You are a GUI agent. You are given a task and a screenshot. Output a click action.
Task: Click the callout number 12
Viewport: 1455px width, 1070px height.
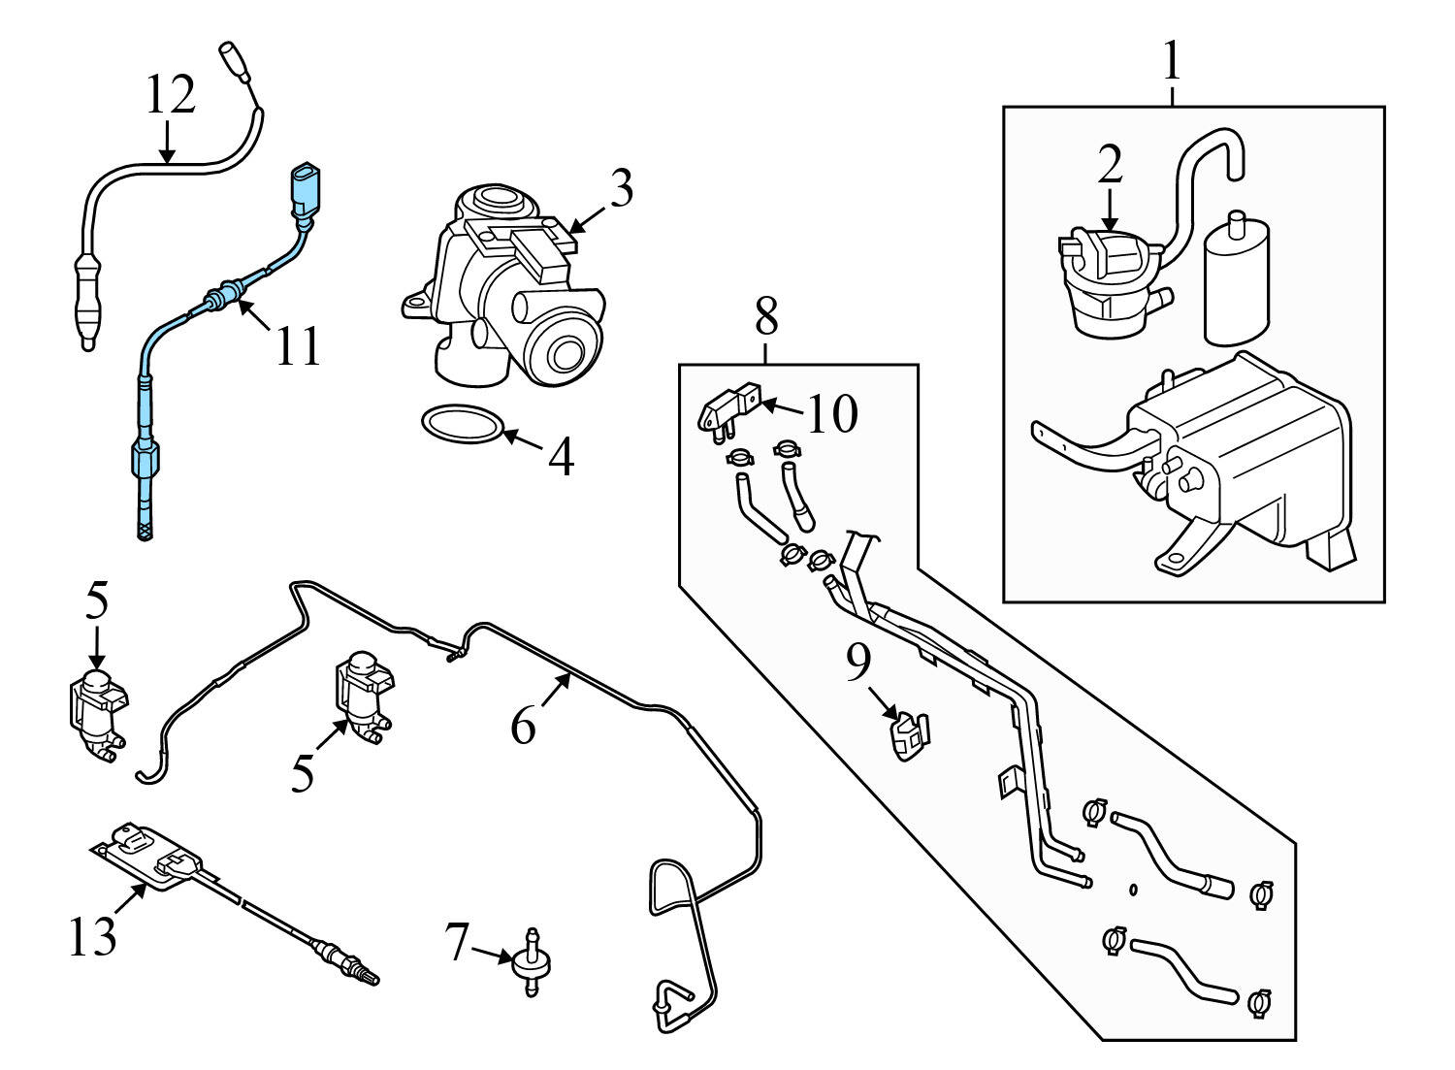pyautogui.click(x=171, y=95)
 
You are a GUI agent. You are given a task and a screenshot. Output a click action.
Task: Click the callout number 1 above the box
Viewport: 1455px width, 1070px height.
pyautogui.click(x=1172, y=61)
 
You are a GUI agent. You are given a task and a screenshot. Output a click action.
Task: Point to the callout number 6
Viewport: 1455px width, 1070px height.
pyautogui.click(x=523, y=724)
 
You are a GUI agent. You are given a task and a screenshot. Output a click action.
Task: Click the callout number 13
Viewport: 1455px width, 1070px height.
pyautogui.click(x=92, y=937)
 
